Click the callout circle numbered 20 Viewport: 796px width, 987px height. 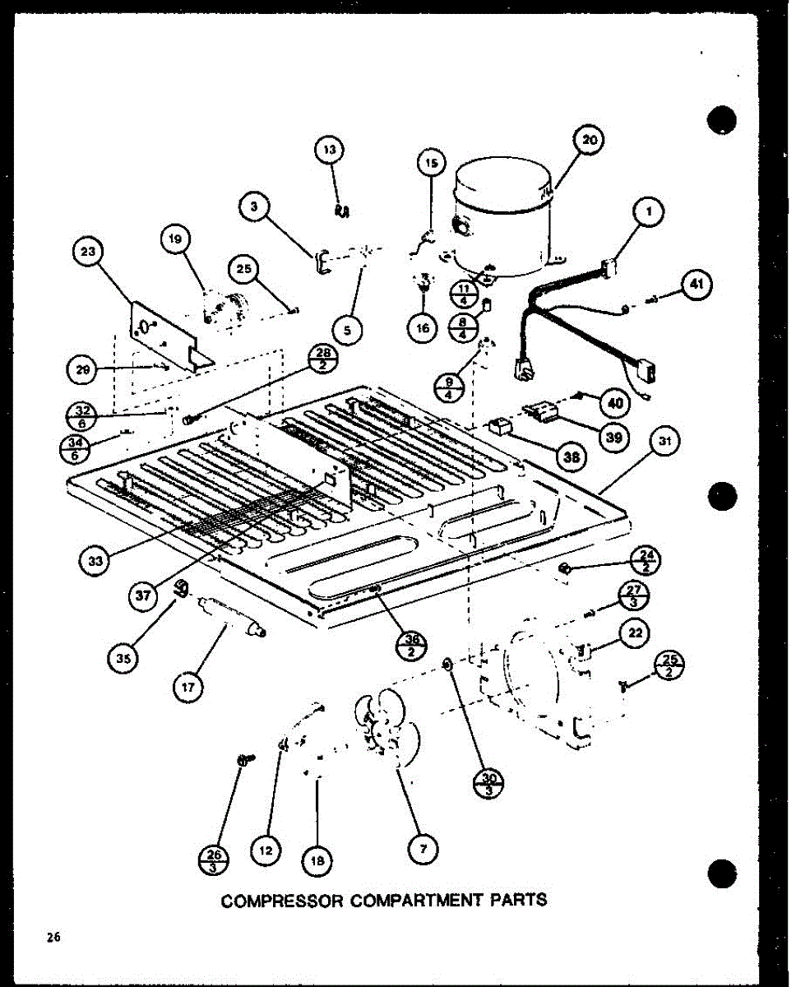(x=590, y=141)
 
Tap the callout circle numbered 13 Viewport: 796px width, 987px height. (x=330, y=151)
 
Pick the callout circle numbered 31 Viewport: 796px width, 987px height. (x=666, y=443)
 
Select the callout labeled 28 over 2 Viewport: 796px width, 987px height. (x=322, y=359)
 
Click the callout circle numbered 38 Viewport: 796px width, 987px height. (x=567, y=455)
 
